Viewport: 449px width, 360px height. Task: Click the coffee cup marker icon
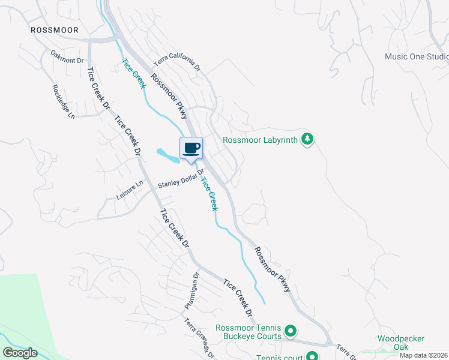191,148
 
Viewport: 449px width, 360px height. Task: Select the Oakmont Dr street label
66,56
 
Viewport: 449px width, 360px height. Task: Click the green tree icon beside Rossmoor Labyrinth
307,139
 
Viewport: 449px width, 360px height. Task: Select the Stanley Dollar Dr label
181,179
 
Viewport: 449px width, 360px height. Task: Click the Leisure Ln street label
130,190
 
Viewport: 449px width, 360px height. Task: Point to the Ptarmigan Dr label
191,291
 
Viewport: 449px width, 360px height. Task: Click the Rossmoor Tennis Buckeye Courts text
249,332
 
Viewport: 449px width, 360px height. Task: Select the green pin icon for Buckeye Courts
291,331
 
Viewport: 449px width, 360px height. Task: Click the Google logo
20,353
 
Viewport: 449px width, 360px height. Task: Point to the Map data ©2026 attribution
424,355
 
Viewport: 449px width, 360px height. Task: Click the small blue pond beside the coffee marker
167,154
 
